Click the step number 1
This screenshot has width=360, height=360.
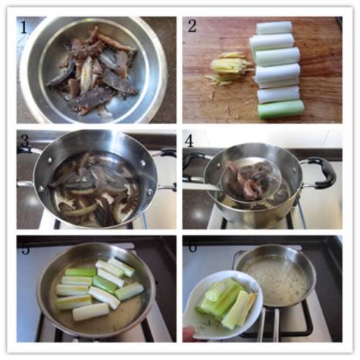click(24, 27)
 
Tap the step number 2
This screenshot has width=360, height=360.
click(192, 26)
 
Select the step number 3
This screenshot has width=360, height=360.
click(25, 140)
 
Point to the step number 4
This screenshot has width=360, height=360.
click(189, 140)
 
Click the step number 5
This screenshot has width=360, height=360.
click(26, 248)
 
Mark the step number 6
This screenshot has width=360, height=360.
click(192, 247)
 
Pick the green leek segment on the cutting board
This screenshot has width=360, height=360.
click(281, 109)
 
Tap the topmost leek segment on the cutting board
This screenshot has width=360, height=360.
click(274, 28)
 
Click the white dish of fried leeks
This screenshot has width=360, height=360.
click(223, 306)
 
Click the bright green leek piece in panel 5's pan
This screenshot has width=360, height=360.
click(104, 284)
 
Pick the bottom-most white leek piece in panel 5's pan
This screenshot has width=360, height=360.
click(90, 312)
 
